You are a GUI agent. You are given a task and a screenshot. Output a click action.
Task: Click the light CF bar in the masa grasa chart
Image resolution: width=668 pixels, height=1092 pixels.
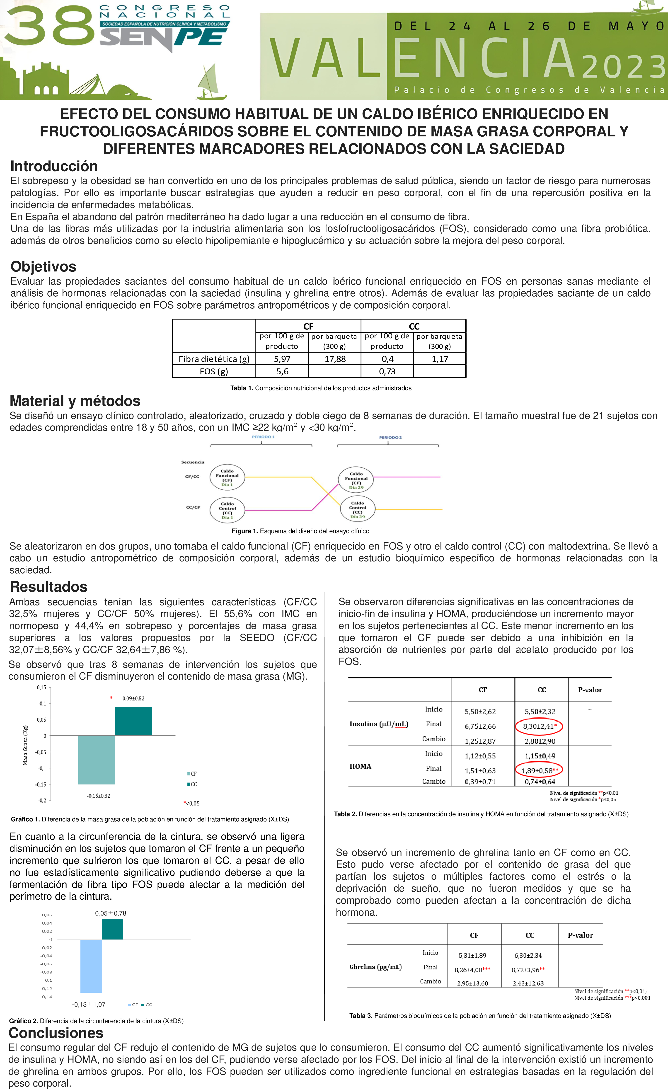97,760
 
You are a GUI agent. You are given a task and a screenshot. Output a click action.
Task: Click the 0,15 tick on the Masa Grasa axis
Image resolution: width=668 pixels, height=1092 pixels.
41,687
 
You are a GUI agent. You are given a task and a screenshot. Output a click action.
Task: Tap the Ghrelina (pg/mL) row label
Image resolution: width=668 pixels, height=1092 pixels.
375,967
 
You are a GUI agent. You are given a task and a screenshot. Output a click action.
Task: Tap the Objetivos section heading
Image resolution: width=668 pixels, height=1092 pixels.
44,266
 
